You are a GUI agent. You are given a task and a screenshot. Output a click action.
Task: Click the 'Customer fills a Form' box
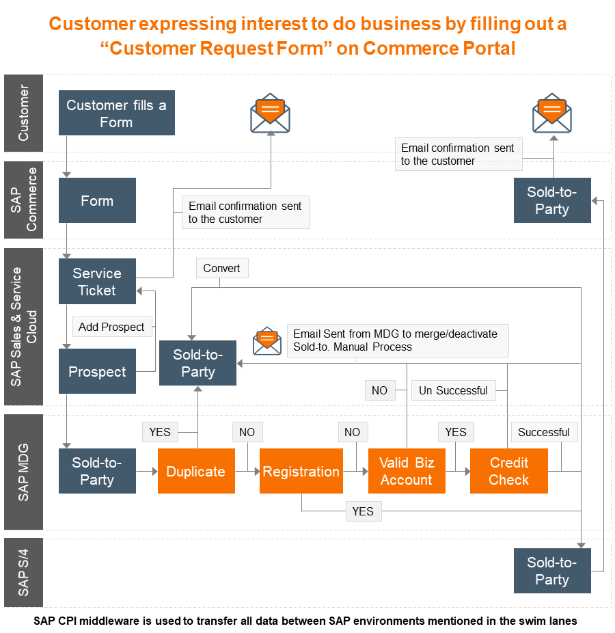click(x=116, y=113)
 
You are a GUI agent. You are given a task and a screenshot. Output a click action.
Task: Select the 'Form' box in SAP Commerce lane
click(x=97, y=200)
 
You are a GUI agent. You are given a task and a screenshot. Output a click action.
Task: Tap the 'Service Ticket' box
click(x=97, y=281)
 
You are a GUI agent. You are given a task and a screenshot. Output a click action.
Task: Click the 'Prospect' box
click(x=97, y=371)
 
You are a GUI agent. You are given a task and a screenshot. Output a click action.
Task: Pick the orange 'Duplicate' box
click(x=196, y=471)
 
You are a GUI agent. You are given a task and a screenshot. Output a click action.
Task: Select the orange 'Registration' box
click(x=301, y=471)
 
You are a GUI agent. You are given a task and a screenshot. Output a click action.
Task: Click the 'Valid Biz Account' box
click(x=407, y=471)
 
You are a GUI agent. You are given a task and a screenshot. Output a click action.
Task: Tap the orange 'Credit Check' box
click(x=509, y=471)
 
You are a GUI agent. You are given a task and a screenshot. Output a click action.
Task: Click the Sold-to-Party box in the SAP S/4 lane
click(x=552, y=571)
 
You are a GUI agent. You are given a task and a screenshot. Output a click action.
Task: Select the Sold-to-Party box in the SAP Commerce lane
click(x=552, y=200)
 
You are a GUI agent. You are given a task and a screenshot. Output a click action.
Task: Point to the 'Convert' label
click(x=221, y=268)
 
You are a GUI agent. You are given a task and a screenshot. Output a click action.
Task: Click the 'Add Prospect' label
click(x=111, y=327)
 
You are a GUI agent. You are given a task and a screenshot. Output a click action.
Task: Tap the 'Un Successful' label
click(x=453, y=390)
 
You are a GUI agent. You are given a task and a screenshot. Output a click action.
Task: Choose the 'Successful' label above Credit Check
click(x=543, y=432)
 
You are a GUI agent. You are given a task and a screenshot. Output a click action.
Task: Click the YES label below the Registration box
click(x=363, y=511)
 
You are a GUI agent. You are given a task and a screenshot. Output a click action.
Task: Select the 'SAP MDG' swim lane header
click(x=24, y=471)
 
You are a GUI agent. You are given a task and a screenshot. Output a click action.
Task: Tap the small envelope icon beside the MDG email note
click(x=267, y=340)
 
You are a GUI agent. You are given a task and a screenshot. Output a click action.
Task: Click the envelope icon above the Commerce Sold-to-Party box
click(x=552, y=113)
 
